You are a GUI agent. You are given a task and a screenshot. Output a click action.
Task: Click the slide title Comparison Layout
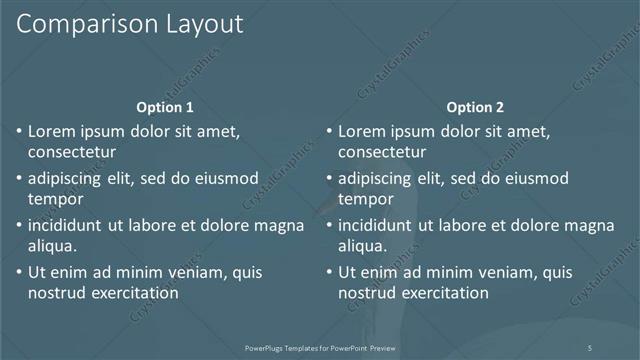[130, 26]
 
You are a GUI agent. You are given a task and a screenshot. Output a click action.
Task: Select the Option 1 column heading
[165, 107]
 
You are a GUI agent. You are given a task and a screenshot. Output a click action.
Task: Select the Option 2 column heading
[475, 107]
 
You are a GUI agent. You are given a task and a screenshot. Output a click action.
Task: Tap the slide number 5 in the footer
[590, 347]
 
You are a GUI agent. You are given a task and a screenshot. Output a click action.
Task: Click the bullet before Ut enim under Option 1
[18, 272]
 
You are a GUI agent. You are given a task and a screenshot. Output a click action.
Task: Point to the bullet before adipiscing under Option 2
[328, 179]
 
